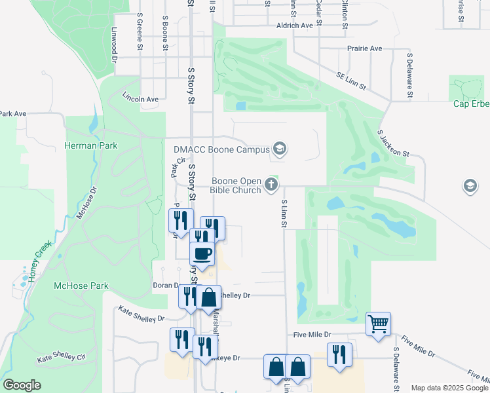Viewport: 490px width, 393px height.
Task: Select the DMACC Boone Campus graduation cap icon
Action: point(280,149)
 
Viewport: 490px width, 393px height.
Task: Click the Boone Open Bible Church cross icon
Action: point(271,186)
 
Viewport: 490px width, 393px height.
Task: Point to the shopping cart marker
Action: point(378,323)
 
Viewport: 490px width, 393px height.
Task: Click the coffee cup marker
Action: point(202,253)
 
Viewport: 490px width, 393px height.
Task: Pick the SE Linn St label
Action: point(351,81)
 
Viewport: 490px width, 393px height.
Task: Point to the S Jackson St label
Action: point(393,143)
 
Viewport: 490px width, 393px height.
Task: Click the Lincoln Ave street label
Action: point(141,99)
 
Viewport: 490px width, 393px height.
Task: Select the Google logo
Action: point(22,385)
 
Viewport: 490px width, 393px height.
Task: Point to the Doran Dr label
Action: point(166,286)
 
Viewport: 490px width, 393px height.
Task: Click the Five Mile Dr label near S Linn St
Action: point(312,335)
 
